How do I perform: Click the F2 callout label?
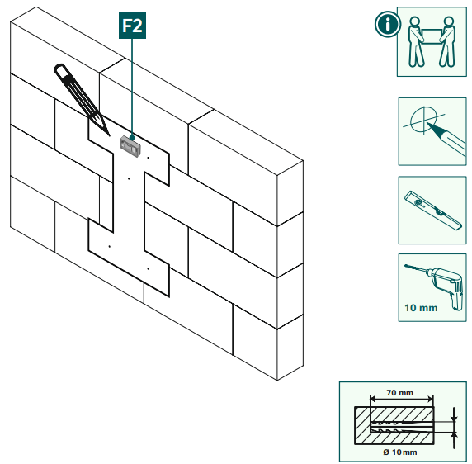coord(131,26)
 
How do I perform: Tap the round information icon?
coord(385,24)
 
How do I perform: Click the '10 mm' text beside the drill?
coord(421,309)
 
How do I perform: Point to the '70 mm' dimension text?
coord(400,392)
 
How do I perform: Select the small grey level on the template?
coord(129,145)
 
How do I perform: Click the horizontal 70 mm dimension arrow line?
coord(400,401)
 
